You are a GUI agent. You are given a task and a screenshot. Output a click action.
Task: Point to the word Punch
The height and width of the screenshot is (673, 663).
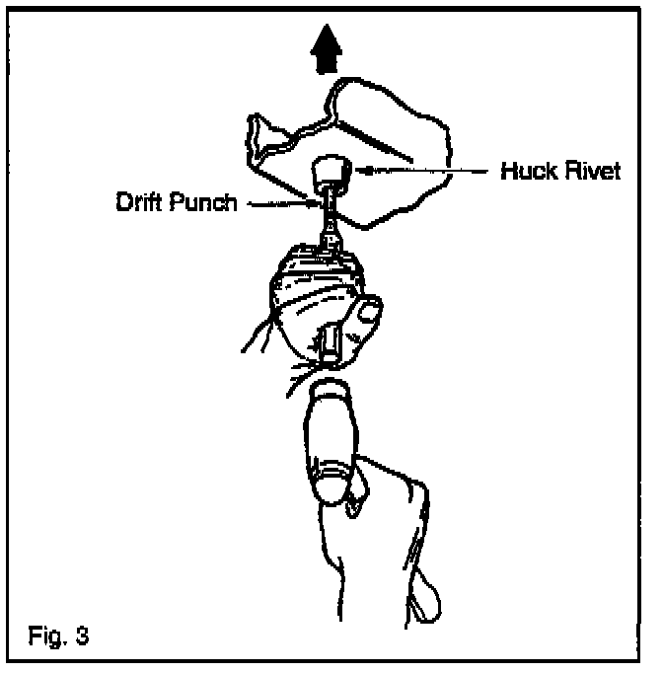(203, 204)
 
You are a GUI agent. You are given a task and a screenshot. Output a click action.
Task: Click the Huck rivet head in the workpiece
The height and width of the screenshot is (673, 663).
(331, 175)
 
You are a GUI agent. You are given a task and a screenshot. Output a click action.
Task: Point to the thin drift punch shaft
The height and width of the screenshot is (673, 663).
(325, 212)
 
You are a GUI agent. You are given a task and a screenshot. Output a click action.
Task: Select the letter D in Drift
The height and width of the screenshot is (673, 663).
(121, 204)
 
